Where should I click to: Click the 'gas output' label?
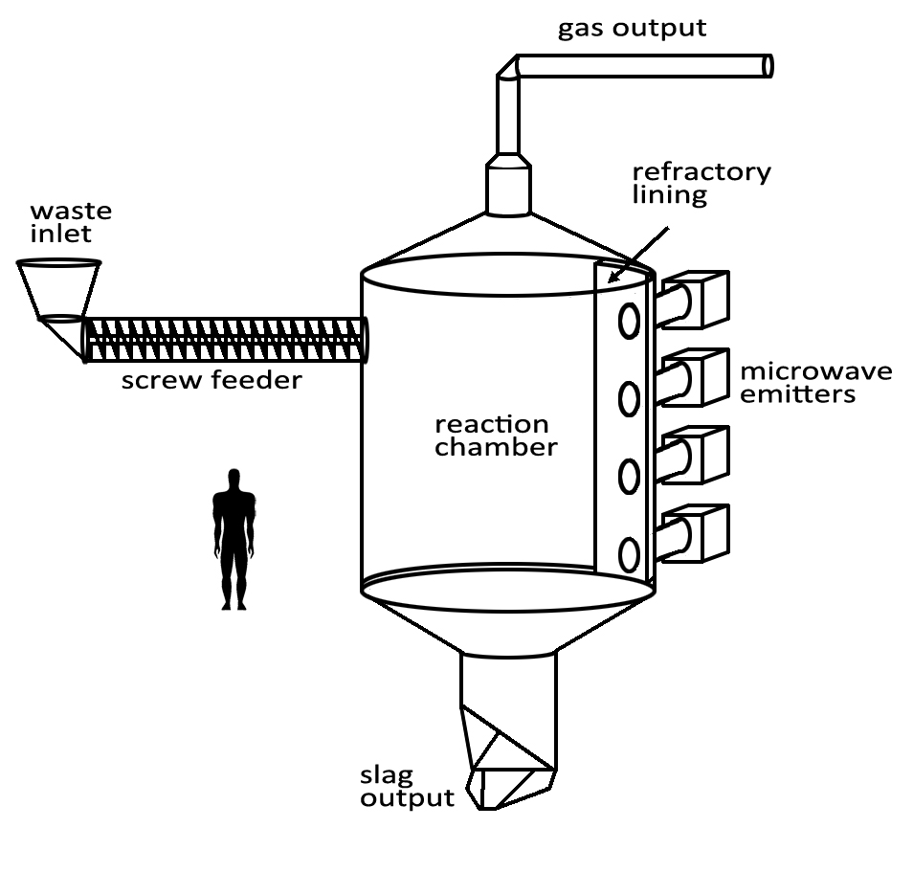[632, 28]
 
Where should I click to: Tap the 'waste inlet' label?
[71, 222]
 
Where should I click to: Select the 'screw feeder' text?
[212, 381]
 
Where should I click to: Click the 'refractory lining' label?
[701, 183]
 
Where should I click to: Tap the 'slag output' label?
[407, 786]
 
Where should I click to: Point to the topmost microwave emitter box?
[702, 298]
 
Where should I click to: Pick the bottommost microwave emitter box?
[702, 533]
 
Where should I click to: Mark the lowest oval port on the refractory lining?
[629, 554]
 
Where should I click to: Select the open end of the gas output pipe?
[768, 66]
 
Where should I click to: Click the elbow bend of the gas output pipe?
[508, 69]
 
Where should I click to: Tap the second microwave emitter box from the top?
[702, 376]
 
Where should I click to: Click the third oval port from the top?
[629, 476]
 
